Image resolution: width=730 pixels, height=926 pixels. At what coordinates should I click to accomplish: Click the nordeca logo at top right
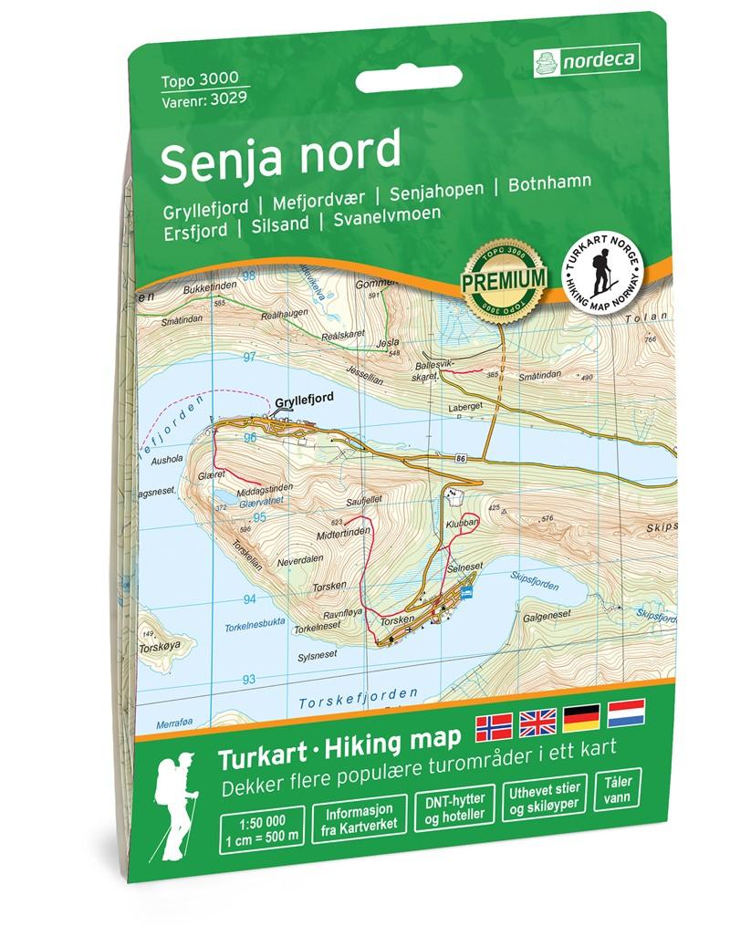point(585,61)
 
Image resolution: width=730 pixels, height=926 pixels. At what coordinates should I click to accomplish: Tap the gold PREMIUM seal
point(504,277)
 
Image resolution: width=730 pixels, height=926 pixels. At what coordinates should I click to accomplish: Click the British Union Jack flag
point(537,724)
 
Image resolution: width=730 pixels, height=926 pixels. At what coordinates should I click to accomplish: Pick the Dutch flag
point(626,716)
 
